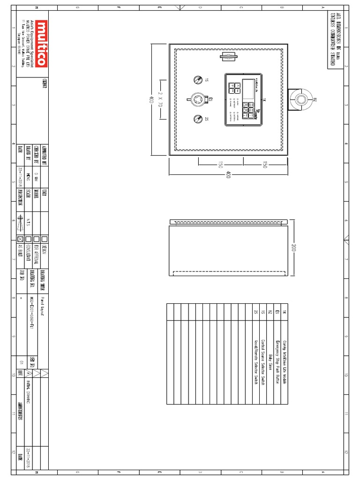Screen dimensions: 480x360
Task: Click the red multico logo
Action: click(41, 43)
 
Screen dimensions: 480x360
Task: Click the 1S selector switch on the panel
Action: click(198, 80)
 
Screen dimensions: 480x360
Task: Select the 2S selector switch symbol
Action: click(198, 119)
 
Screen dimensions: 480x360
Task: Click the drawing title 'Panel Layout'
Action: click(41, 307)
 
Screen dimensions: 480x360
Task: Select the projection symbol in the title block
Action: click(20, 223)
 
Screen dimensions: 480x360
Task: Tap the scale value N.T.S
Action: click(28, 223)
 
